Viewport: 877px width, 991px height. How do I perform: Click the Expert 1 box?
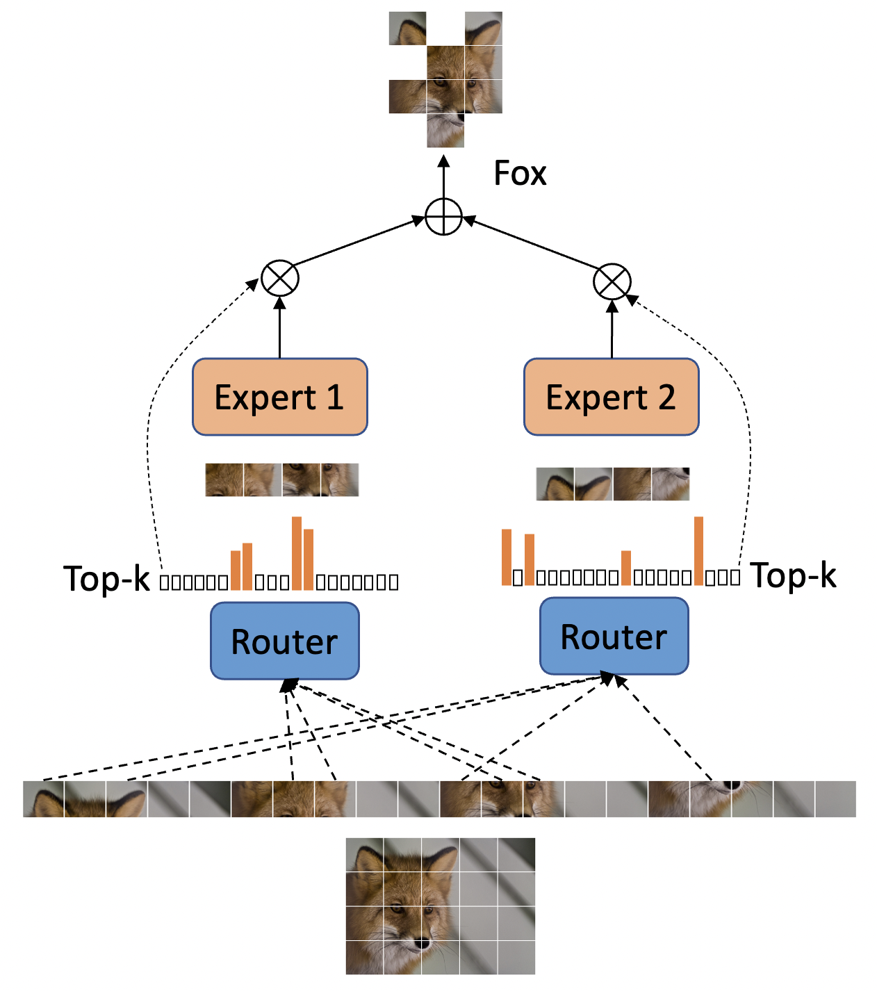(280, 397)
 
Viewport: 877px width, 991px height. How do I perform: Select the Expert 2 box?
(611, 397)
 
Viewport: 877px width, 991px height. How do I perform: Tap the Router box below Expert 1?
(285, 640)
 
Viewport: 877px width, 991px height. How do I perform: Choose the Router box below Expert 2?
(614, 636)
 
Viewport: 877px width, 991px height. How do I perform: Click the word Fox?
(520, 173)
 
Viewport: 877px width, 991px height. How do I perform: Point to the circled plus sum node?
(443, 217)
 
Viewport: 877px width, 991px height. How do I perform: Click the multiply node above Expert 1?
(280, 278)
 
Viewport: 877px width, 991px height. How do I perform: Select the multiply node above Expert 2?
(612, 281)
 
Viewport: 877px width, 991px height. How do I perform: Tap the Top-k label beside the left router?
(106, 578)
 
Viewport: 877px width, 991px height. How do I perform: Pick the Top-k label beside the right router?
(793, 575)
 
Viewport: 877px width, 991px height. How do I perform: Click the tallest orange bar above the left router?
(297, 553)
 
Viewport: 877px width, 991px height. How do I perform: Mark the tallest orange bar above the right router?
(698, 551)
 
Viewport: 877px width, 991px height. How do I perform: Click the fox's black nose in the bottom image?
(423, 942)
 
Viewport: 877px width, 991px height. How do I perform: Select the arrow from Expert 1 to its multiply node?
(280, 327)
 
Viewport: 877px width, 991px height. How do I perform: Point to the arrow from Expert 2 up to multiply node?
(612, 329)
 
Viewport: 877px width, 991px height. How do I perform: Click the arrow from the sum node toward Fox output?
(443, 177)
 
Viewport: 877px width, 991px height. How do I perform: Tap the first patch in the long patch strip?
(44, 798)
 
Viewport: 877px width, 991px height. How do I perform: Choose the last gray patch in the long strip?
(835, 798)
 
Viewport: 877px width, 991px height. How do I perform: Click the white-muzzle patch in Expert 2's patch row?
(670, 484)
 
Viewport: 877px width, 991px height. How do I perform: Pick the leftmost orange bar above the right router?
(506, 557)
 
